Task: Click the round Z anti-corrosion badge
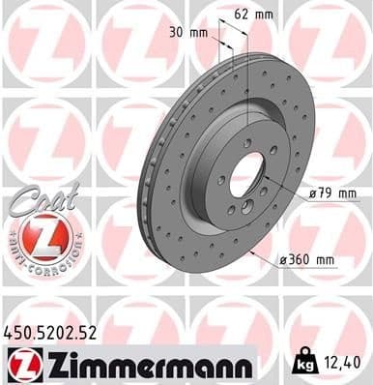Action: click(37, 235)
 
